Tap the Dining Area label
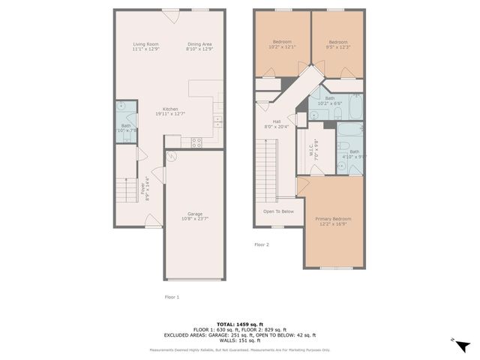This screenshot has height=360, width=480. tap(199, 46)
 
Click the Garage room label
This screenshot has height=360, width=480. tap(195, 216)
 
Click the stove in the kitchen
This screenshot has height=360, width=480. tap(197, 141)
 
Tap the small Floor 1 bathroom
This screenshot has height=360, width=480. tap(125, 124)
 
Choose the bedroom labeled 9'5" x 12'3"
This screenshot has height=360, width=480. tap(338, 44)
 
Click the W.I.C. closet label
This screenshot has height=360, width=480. tap(315, 148)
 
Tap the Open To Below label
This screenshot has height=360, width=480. tap(278, 211)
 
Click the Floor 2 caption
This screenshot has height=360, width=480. tap(261, 244)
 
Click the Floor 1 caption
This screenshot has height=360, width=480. tap(172, 297)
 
